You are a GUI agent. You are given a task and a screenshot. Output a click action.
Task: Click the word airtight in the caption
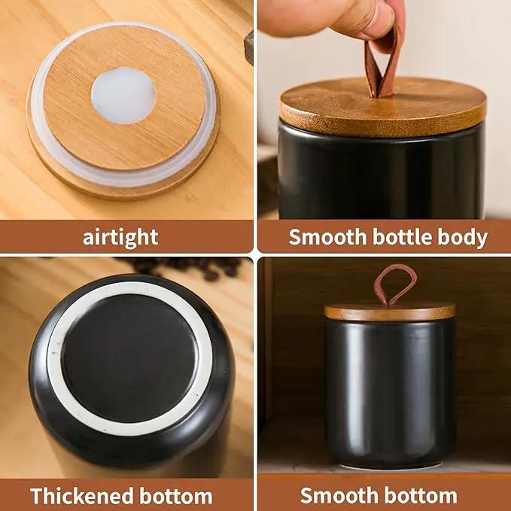(120, 237)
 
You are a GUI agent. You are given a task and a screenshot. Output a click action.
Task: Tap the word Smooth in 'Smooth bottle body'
(327, 236)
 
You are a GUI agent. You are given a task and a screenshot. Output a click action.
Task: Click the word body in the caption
(462, 237)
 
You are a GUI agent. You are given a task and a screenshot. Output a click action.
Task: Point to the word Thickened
(82, 496)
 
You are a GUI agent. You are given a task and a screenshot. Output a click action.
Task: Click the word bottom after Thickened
(176, 496)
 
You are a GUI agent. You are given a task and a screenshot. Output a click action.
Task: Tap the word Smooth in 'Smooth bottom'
(339, 495)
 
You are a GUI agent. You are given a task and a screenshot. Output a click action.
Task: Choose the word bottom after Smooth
(421, 495)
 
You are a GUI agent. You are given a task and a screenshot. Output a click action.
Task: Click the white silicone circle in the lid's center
(123, 95)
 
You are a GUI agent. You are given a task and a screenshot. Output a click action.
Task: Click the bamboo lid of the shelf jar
(390, 312)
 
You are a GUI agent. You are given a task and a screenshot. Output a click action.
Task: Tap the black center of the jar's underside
(129, 358)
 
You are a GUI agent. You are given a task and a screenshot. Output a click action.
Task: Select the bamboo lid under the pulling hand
(383, 108)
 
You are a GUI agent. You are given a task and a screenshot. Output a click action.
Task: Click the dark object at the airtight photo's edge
(248, 47)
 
